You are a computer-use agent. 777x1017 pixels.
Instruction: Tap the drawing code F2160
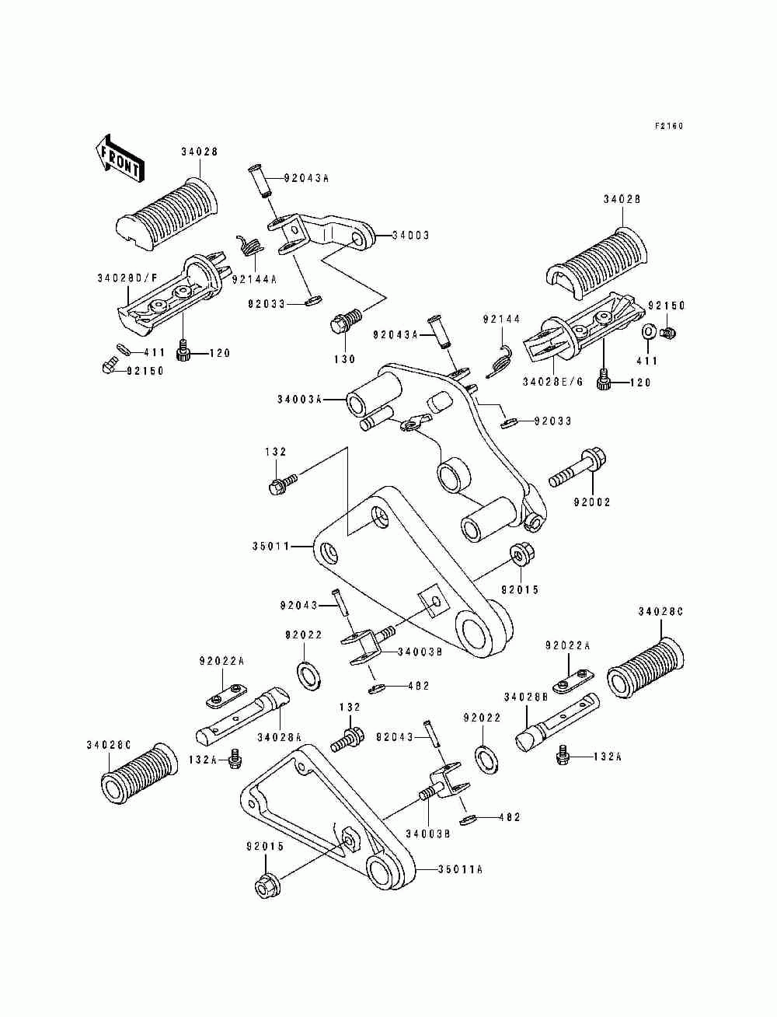click(x=669, y=126)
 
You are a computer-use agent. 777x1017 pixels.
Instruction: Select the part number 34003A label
click(x=299, y=399)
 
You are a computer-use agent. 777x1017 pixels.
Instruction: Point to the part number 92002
click(x=592, y=502)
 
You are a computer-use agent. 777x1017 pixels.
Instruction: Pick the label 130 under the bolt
click(x=345, y=359)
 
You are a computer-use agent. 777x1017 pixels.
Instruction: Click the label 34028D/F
click(x=127, y=278)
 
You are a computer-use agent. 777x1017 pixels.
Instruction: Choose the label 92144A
click(x=254, y=279)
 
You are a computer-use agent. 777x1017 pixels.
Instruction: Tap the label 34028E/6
click(x=553, y=382)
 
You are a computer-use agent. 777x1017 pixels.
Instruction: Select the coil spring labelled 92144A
click(x=250, y=246)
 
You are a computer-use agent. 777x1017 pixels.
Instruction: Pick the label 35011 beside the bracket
click(x=271, y=547)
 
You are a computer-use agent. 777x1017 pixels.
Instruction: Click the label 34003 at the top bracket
click(x=411, y=236)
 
